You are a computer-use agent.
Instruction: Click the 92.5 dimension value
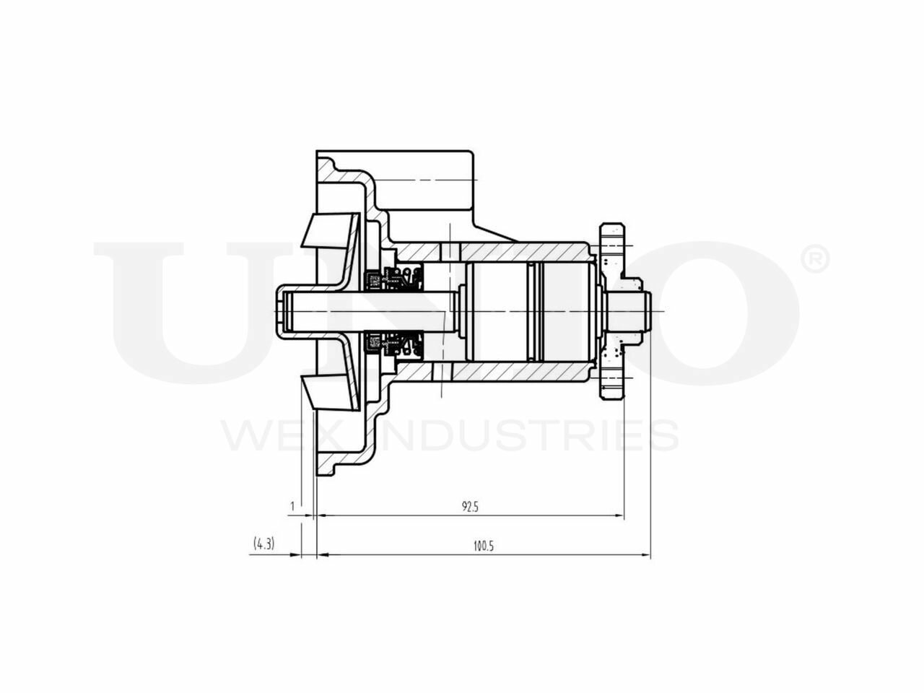[x=471, y=507]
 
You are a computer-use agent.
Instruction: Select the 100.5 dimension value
[x=483, y=546]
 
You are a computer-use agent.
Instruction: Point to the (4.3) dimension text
[x=263, y=544]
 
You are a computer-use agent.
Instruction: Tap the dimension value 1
[x=292, y=506]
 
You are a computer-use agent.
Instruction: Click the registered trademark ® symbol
[x=815, y=260]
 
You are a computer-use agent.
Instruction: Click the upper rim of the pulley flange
[x=611, y=234]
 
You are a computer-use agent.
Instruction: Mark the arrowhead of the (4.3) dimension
[x=296, y=555]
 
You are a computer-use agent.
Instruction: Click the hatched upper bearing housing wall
[x=520, y=251]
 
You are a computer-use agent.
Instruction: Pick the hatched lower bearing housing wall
[x=520, y=372]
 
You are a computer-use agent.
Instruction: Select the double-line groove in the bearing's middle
[x=533, y=311]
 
